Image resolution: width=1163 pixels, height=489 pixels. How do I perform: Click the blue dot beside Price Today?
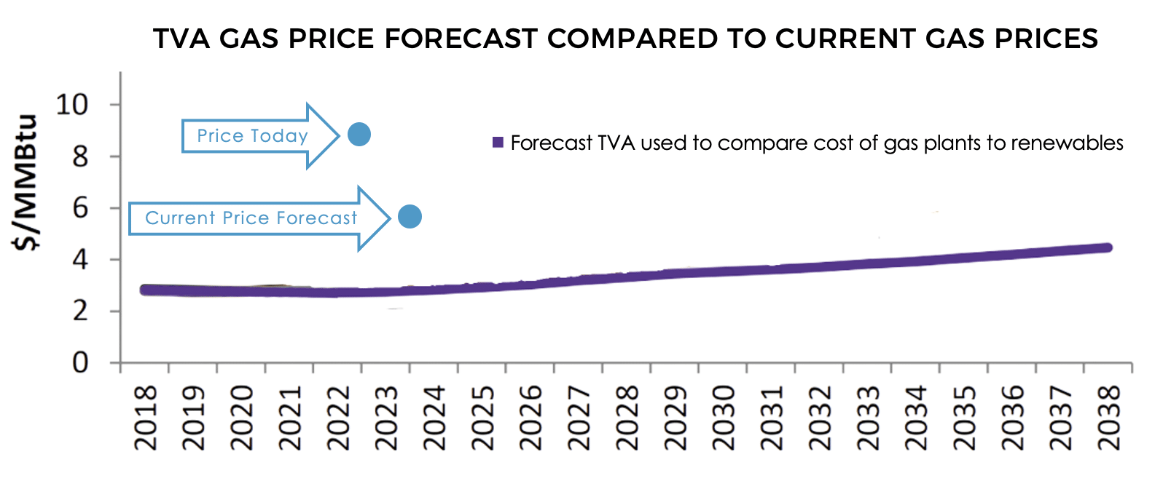pos(359,135)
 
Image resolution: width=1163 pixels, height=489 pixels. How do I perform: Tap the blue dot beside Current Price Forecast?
pos(410,216)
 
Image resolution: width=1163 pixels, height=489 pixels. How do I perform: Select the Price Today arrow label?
pos(252,136)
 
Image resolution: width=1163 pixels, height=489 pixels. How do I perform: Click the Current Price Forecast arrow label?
pos(251,218)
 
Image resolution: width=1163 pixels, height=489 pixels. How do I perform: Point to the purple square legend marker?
pos(498,143)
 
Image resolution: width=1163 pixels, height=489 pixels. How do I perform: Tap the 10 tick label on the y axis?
pos(71,105)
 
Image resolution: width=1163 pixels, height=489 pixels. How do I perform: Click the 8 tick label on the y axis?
pos(79,156)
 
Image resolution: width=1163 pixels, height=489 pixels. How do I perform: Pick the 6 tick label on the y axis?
pos(79,208)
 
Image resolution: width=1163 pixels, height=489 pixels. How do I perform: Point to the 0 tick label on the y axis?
pos(79,362)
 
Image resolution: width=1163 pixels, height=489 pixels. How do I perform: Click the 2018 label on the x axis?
pos(146,418)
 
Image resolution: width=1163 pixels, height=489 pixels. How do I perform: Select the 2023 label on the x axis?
pos(387,418)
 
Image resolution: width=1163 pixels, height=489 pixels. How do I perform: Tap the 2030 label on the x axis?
pos(724,418)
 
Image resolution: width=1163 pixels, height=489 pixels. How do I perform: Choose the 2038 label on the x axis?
pos(1108,418)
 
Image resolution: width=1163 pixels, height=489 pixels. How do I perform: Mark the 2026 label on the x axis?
pos(531,418)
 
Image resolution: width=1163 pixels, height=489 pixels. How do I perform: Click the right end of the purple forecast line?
pos(1107,248)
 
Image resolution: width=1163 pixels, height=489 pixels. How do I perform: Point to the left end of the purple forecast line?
pos(145,290)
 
